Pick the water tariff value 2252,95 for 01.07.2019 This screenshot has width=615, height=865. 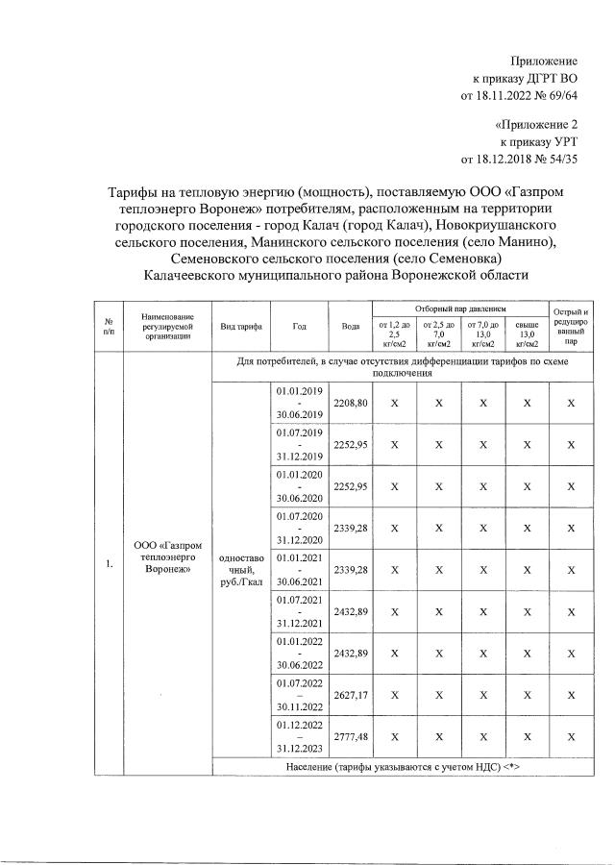(350, 445)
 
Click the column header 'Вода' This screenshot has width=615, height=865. (350, 327)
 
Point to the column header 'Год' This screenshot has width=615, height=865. (300, 327)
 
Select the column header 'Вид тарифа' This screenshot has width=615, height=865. (241, 327)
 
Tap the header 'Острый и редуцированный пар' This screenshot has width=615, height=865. (571, 327)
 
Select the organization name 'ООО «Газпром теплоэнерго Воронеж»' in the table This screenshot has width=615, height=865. (156, 556)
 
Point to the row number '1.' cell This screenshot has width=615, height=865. (110, 564)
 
